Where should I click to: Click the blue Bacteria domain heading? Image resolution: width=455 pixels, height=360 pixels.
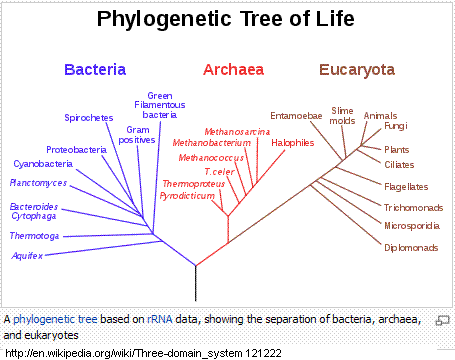coord(95,70)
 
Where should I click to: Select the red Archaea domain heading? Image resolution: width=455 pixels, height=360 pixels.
coord(233,70)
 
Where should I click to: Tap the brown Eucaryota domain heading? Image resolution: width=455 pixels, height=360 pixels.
coord(357,70)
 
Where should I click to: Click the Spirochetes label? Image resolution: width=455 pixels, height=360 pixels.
coord(89,118)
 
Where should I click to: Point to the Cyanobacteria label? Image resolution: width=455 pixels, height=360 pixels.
coord(43,164)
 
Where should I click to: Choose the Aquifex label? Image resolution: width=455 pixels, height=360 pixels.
coord(27,256)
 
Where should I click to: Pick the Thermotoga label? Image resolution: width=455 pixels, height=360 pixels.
coord(34,236)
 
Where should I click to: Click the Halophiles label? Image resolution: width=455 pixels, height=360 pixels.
coord(293,143)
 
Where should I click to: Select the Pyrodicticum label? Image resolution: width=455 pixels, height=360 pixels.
coord(187,196)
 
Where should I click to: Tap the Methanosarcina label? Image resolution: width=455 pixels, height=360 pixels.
coord(237,132)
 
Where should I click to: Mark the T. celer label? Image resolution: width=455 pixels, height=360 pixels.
coord(219,172)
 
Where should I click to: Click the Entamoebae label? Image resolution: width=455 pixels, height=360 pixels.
coord(296,116)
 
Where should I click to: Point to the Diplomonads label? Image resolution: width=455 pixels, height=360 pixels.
coord(411,248)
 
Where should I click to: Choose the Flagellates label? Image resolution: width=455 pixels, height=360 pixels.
coord(406,187)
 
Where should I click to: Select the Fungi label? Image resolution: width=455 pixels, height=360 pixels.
coord(396,126)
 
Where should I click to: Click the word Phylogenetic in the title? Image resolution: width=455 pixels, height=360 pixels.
coord(164,19)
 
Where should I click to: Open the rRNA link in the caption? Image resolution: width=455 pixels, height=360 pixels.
coord(160,319)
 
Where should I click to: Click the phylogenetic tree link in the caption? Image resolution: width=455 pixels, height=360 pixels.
coord(55,319)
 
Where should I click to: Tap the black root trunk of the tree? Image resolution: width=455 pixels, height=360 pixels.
coord(196,284)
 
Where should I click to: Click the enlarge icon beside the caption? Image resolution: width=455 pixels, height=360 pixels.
coord(443,320)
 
